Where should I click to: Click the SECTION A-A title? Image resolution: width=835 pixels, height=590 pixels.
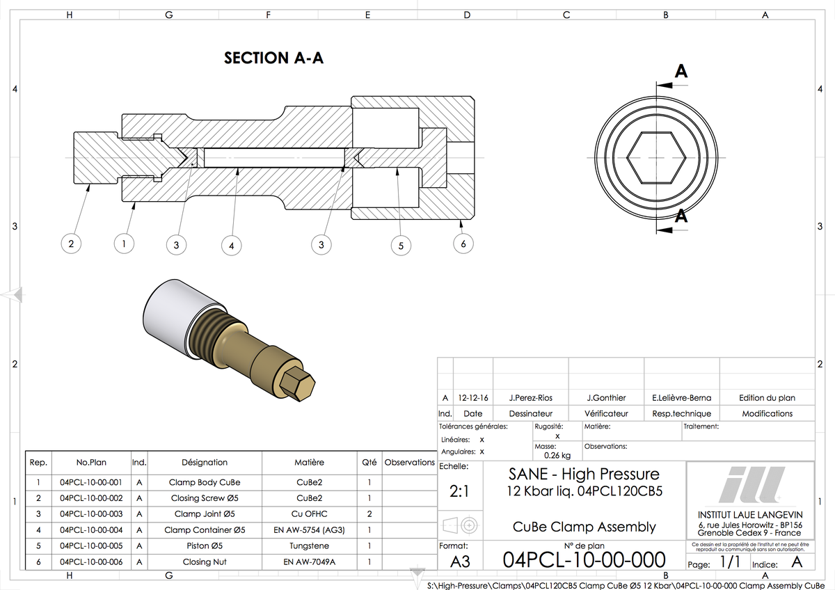pos(273,58)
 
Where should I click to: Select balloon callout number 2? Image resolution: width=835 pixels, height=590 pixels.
pos(70,244)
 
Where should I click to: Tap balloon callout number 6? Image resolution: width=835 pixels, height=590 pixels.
pos(463,244)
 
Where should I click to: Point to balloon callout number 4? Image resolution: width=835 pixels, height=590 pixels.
pos(231,245)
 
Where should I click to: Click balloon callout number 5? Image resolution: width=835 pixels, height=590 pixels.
pos(400,245)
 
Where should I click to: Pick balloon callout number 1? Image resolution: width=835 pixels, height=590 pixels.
pos(123,244)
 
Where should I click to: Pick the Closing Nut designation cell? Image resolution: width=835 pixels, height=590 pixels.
pos(205,561)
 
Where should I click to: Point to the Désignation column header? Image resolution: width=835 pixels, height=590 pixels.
pos(205,462)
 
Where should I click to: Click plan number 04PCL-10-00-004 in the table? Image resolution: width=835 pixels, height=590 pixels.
pos(91,530)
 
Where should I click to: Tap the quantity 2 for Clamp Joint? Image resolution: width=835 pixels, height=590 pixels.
pos(369,514)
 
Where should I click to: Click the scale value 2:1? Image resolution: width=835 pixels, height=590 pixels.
pos(459,491)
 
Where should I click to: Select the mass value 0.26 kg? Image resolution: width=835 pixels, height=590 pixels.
pos(557,456)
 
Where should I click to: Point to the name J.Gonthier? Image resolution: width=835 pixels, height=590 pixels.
pos(606,398)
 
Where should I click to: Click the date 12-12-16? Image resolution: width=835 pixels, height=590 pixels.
pos(473,398)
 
